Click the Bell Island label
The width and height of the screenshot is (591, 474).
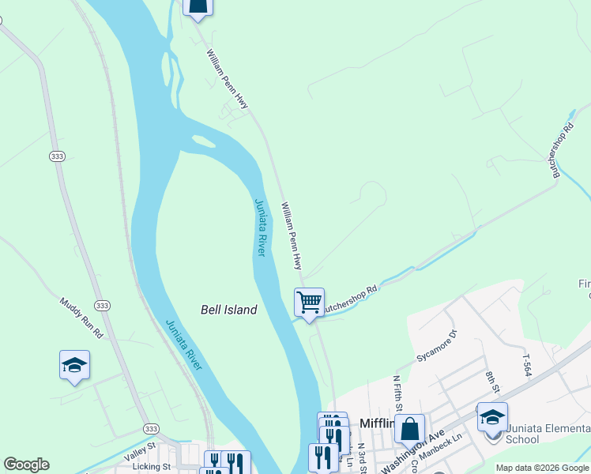pos(228,310)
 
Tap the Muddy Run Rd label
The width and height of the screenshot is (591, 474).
pos(82,318)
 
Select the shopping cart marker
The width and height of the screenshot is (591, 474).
pos(309,302)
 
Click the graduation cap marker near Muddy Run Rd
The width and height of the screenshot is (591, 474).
pos(74,365)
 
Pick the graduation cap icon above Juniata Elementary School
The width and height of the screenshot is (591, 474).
pos(492,416)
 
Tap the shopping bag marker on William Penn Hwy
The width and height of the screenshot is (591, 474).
pos(198,6)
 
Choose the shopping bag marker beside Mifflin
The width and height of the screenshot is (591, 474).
pos(409,429)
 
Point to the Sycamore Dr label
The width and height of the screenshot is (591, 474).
pos(437,346)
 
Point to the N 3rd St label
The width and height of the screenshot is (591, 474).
pos(360,457)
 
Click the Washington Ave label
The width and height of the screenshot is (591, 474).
pos(413,451)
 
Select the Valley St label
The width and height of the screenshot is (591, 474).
pos(141,456)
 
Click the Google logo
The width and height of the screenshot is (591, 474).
pos(26,465)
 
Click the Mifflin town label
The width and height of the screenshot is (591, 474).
pos(377,423)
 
